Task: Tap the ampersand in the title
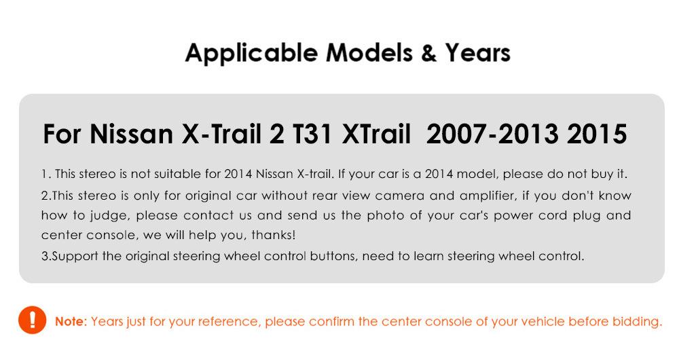point(428,53)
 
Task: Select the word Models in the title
point(369,53)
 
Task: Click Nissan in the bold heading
point(132,134)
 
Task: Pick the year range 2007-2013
point(492,134)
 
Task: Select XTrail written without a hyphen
point(376,134)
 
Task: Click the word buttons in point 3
point(334,256)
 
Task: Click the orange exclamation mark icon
point(32,320)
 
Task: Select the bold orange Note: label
point(71,321)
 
